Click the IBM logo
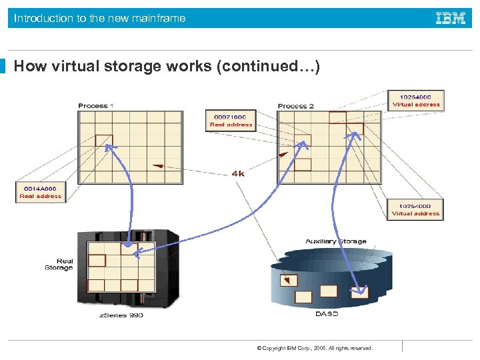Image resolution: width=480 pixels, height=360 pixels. point(451,19)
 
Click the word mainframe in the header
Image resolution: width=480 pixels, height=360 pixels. point(159,19)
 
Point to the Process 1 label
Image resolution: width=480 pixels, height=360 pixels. point(96,106)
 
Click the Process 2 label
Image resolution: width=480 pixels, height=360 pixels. point(295,106)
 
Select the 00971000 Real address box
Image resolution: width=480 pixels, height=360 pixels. point(231,121)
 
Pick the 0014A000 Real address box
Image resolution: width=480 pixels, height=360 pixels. point(40,192)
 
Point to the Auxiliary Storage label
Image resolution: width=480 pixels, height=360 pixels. point(336,241)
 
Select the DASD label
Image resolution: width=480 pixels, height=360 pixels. point(327,313)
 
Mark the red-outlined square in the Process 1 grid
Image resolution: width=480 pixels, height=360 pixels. point(104,140)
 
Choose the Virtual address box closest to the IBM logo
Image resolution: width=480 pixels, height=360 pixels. point(416,101)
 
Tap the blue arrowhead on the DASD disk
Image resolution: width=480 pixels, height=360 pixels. point(362,291)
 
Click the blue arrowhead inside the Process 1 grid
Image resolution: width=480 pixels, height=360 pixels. point(109,148)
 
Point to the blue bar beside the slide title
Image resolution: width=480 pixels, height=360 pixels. point(3,67)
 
